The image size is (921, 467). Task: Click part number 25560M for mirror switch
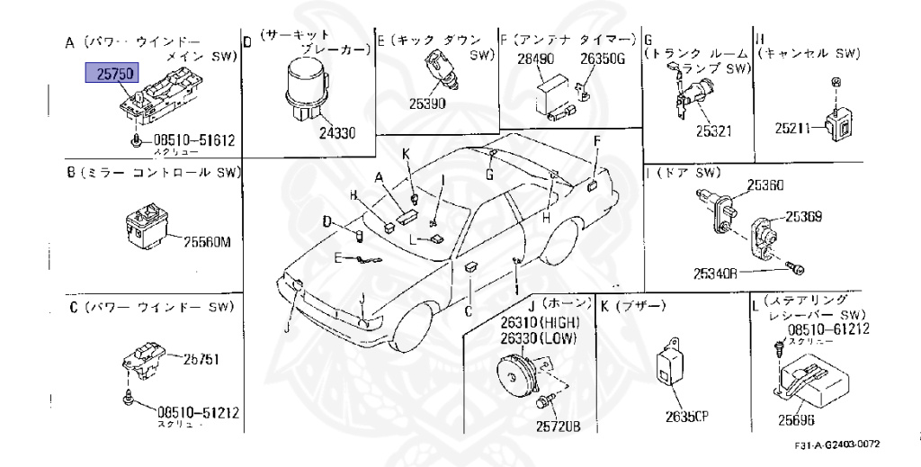[x=208, y=241]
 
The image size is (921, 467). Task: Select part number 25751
[x=201, y=358]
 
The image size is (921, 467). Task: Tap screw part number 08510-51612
[x=193, y=139]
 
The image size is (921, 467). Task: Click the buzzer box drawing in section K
[x=673, y=363]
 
